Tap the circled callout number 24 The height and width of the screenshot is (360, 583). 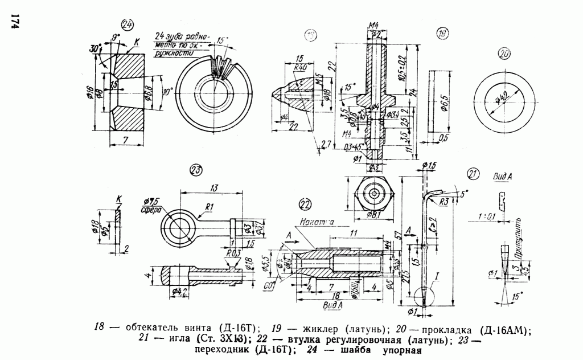pyautogui.click(x=126, y=24)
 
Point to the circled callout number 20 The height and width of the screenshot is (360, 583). pyautogui.click(x=503, y=54)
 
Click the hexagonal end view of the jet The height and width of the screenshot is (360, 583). pyautogui.click(x=373, y=193)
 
